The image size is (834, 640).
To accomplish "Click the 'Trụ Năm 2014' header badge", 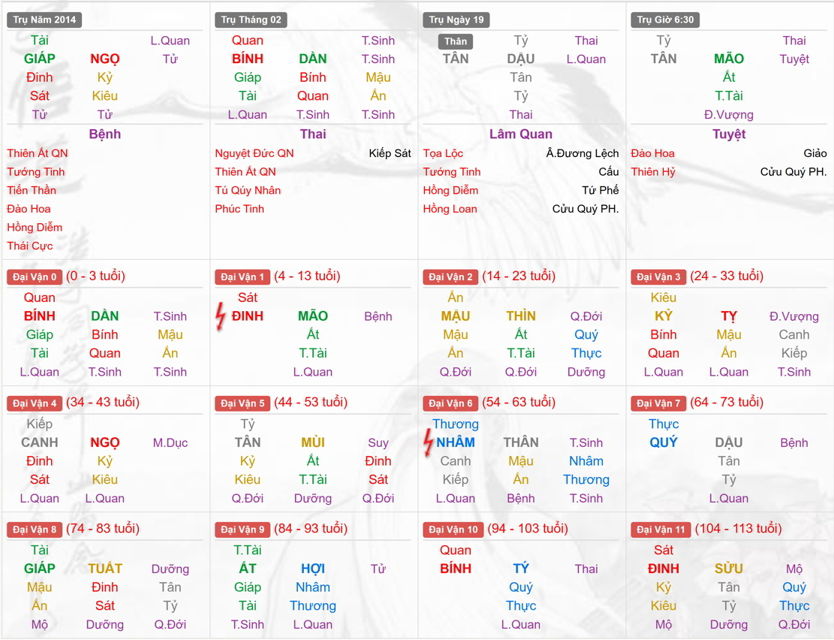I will click(44, 20).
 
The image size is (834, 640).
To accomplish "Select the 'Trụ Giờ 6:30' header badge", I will click(664, 20).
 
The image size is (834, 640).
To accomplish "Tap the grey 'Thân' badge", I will click(455, 41).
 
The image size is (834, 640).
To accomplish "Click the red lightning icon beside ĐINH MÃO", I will click(220, 316).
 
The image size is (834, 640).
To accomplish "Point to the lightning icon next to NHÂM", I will click(428, 442).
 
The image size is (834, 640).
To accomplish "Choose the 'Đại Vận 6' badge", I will click(450, 403).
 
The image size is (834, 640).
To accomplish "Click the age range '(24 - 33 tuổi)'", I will click(727, 276).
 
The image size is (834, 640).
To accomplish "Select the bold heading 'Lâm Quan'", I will click(521, 134).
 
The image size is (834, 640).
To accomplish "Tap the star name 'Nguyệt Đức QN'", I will click(254, 153).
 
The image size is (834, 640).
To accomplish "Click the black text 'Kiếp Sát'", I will click(390, 153).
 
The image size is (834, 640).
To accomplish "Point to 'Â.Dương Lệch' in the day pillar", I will click(583, 153).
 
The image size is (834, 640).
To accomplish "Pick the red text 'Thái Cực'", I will click(30, 246).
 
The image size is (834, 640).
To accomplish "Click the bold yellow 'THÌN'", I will click(521, 316).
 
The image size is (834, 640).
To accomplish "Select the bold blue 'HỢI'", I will click(313, 569).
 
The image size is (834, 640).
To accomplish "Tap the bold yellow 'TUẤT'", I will click(105, 569).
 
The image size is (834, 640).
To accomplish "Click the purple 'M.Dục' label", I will click(170, 442).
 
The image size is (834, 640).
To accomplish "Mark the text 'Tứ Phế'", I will click(601, 190).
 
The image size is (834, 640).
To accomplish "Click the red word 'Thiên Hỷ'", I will click(653, 172).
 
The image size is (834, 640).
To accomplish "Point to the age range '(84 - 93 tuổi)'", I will click(311, 529).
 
